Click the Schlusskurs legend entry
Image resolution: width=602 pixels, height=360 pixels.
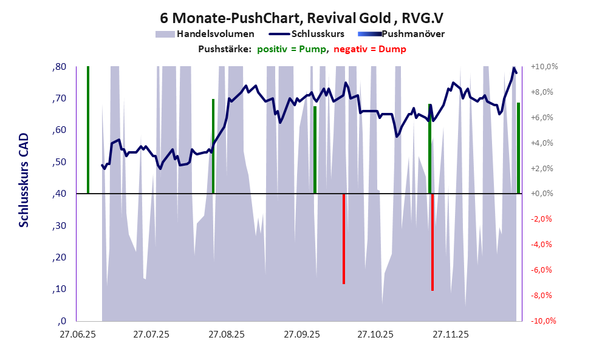pyautogui.click(x=318, y=34)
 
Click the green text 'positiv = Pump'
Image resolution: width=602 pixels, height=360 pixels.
pyautogui.click(x=290, y=49)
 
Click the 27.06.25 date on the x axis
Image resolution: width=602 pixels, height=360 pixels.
pyautogui.click(x=77, y=335)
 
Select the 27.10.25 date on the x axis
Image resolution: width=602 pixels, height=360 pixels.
pyautogui.click(x=374, y=335)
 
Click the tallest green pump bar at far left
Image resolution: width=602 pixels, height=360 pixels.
pyautogui.click(x=88, y=130)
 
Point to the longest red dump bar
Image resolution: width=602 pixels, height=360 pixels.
pyautogui.click(x=433, y=242)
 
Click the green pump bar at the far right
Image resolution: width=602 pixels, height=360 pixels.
pyautogui.click(x=518, y=148)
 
